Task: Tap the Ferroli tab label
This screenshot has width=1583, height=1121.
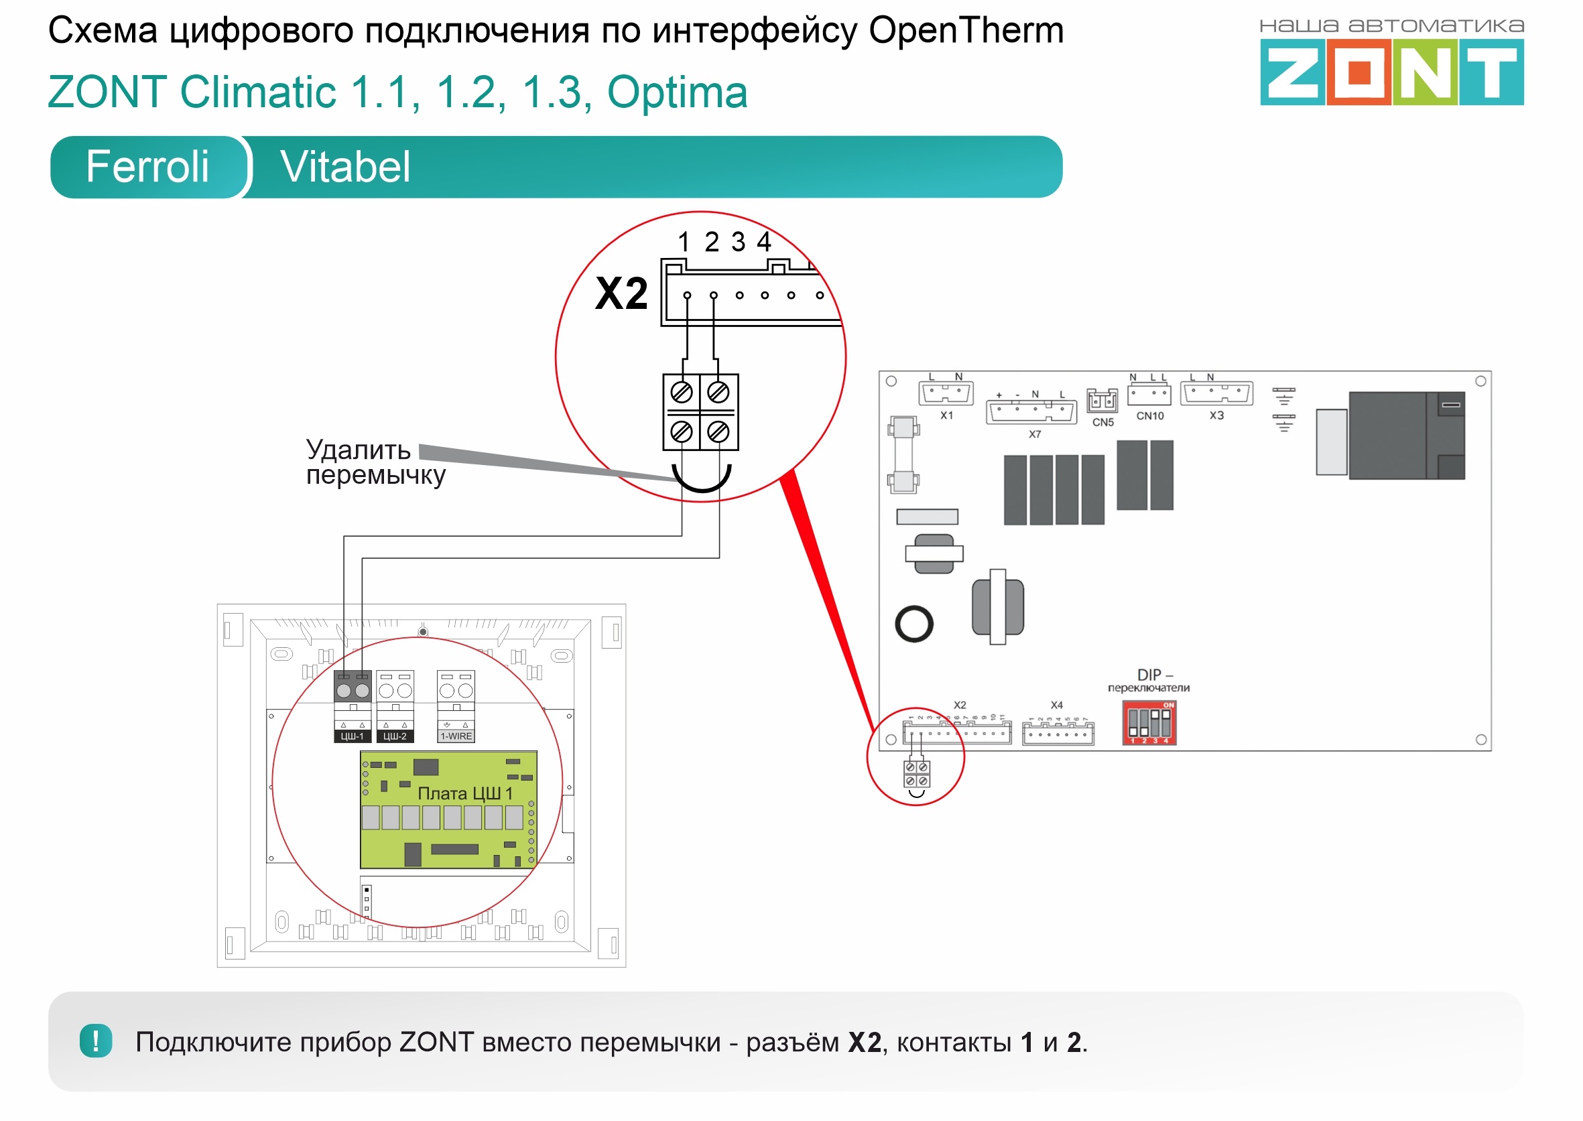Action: pyautogui.click(x=147, y=167)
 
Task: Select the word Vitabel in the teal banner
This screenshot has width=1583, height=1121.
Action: pyautogui.click(x=344, y=167)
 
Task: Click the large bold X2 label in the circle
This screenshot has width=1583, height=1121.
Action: pyautogui.click(x=621, y=294)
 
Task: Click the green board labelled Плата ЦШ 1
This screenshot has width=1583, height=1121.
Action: pyautogui.click(x=448, y=809)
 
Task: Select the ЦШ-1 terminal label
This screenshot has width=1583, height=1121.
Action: pyautogui.click(x=352, y=736)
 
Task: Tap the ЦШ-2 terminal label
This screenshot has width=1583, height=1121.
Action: pyautogui.click(x=395, y=736)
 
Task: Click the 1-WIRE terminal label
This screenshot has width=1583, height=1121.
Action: pyautogui.click(x=456, y=736)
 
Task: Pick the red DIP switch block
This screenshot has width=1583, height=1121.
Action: pyautogui.click(x=1149, y=723)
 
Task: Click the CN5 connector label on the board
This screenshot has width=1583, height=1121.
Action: pyautogui.click(x=1102, y=422)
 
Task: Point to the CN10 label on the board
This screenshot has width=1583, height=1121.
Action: pyautogui.click(x=1149, y=416)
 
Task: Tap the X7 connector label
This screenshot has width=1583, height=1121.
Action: pyautogui.click(x=1034, y=435)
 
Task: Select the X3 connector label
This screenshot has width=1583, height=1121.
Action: pyautogui.click(x=1216, y=415)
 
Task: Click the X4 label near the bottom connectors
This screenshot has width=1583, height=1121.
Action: pyautogui.click(x=1056, y=706)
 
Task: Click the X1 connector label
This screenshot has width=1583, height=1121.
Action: pyautogui.click(x=946, y=415)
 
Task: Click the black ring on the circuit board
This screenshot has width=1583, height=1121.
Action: pyautogui.click(x=914, y=624)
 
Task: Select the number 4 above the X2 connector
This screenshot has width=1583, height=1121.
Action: pyautogui.click(x=763, y=242)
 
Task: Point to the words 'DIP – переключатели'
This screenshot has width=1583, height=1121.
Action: pyautogui.click(x=1149, y=681)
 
